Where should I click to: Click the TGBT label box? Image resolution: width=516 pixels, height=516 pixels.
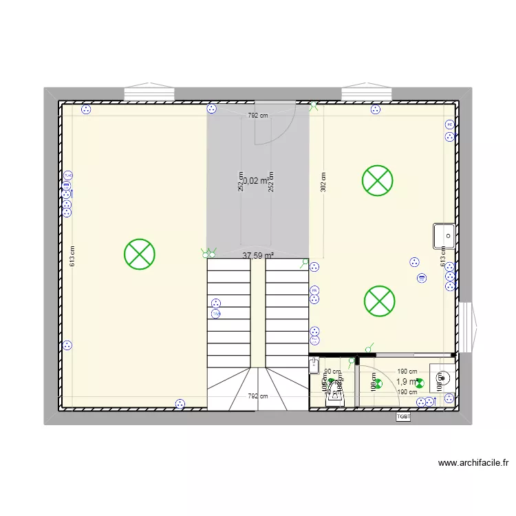coord(403,416)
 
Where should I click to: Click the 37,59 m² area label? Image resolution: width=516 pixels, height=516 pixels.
coord(258,255)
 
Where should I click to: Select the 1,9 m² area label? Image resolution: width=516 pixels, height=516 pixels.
coord(407,382)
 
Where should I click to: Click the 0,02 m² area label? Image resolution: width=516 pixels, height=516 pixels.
coord(255,181)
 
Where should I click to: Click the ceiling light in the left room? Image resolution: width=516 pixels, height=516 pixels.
coord(139,254)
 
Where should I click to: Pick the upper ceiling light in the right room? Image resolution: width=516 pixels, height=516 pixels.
coord(377,181)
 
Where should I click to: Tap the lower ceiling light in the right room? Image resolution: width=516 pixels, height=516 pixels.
coord(378,301)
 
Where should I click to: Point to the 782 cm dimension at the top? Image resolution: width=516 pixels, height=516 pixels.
coord(258,116)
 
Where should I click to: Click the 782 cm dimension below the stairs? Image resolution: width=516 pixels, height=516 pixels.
coord(258,396)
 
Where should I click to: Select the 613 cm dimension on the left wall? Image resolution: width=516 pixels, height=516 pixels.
coord(72,257)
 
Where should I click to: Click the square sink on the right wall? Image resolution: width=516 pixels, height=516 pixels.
coord(444,236)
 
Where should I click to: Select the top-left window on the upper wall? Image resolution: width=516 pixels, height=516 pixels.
coord(149,93)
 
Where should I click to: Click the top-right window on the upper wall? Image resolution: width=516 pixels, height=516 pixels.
coord(366,93)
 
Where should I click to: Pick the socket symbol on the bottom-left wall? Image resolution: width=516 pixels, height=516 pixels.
coord(180,405)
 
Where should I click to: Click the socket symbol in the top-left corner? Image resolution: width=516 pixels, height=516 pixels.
coord(86,109)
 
